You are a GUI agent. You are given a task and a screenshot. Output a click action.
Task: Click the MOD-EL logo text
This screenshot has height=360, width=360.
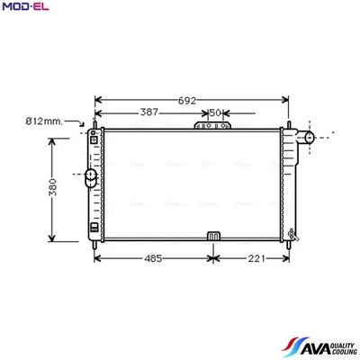pos(26,8)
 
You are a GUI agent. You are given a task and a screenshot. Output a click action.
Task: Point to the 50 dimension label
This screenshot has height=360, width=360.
pos(215,112)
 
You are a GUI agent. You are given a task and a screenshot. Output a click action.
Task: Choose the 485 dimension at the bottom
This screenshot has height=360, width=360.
pos(153,259)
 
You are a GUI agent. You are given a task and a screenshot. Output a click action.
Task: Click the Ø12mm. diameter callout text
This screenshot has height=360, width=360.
pos(42,121)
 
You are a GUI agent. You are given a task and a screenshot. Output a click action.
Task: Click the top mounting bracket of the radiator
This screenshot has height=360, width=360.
pos(215,126)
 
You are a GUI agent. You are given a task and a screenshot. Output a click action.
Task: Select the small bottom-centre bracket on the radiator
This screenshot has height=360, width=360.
pos(214,236)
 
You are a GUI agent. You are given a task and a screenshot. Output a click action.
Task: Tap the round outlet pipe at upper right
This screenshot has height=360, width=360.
pos(308,137)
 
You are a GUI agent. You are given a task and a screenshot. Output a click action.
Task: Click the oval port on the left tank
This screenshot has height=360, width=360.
pos(91,180)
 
